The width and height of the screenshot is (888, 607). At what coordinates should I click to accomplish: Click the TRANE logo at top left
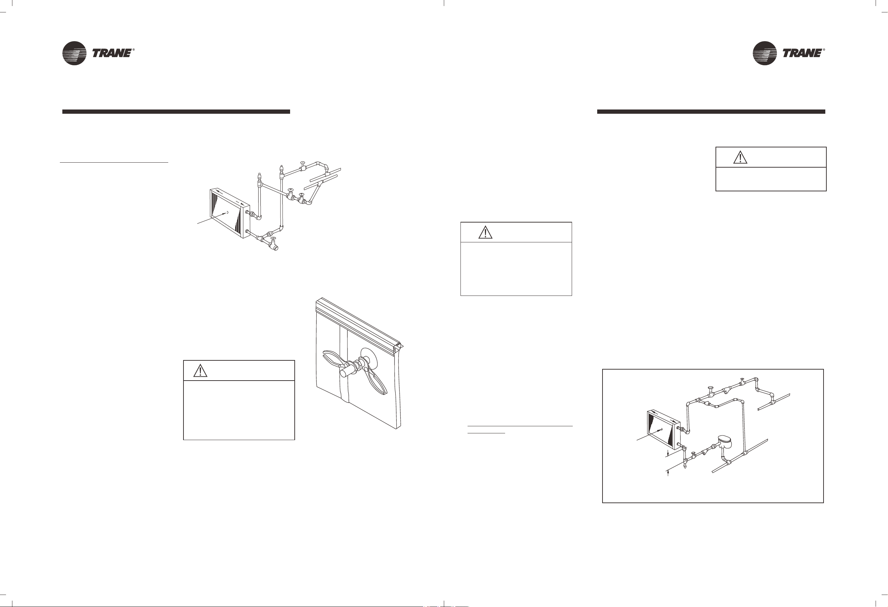tap(98, 53)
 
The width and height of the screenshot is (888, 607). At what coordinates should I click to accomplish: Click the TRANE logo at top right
tap(789, 53)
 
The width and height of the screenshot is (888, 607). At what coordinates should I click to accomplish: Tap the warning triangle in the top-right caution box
tap(740, 157)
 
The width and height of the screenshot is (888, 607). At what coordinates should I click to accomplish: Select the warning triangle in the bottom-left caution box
tap(200, 370)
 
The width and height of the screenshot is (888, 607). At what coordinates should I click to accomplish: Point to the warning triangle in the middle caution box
tap(485, 232)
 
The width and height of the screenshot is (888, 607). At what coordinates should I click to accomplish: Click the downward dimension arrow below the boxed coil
tap(668, 454)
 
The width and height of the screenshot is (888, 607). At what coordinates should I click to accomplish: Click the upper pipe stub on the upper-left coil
tap(248, 212)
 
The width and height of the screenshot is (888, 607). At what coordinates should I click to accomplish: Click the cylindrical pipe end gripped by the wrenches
tap(346, 371)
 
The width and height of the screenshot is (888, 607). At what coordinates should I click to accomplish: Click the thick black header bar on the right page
tap(711, 112)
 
